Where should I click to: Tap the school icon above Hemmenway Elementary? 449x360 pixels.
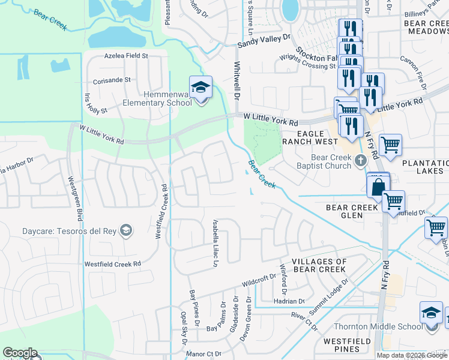pyautogui.click(x=201, y=88)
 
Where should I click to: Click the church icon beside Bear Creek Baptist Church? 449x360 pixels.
pyautogui.click(x=360, y=160)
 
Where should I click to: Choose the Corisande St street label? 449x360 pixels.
pyautogui.click(x=111, y=80)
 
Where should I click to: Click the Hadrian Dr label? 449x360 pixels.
pyautogui.click(x=289, y=301)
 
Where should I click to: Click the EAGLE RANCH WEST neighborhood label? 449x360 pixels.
pyautogui.click(x=313, y=137)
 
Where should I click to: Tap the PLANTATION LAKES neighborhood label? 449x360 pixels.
pyautogui.click(x=425, y=167)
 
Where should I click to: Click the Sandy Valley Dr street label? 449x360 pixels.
pyautogui.click(x=264, y=41)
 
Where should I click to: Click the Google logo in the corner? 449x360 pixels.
pyautogui.click(x=19, y=353)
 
